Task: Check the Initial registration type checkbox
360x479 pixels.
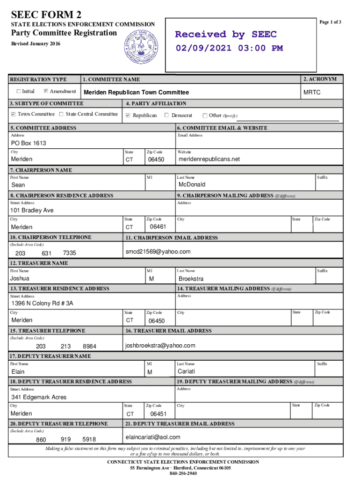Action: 19,91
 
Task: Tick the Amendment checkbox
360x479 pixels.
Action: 46,91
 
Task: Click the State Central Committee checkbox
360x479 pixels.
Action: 61,114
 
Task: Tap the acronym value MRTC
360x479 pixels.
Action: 312,93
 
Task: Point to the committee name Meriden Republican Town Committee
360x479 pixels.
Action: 136,93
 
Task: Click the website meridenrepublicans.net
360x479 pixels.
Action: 209,159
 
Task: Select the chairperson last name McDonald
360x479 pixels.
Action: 192,184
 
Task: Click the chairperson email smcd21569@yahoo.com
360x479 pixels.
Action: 158,252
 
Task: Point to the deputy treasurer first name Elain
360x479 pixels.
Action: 19,372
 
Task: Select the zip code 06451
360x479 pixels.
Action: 158,414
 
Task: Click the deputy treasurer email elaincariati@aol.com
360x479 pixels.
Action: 153,437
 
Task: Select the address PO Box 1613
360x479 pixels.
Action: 29,143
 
